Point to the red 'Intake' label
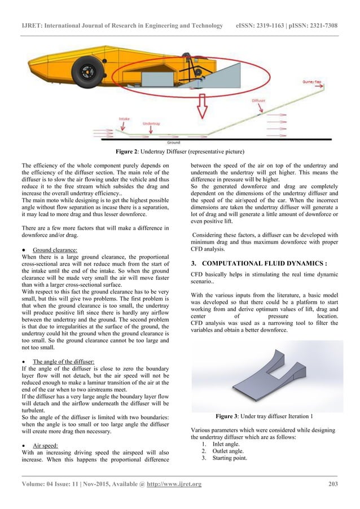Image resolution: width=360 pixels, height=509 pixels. [125, 119]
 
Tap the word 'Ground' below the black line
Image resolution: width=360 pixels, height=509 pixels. [173, 143]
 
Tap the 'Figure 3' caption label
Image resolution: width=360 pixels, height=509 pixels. [230, 417]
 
